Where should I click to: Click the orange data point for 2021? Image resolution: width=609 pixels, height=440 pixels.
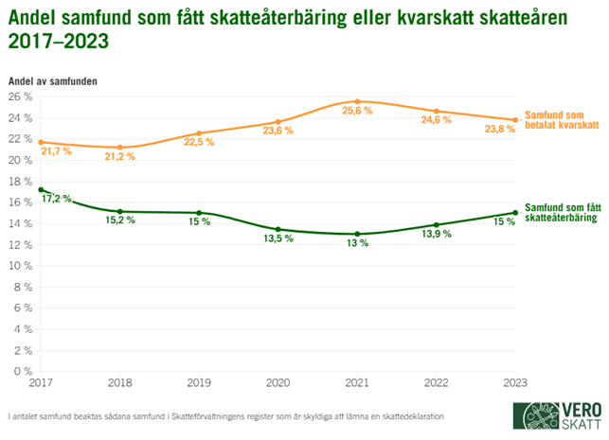tap(356, 101)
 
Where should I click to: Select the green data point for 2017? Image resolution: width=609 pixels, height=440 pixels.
tap(41, 189)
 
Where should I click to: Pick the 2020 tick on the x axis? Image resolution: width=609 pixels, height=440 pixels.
tap(277, 382)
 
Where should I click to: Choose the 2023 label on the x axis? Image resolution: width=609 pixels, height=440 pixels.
tap(513, 382)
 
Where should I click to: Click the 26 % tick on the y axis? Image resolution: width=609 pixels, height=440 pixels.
tap(21, 97)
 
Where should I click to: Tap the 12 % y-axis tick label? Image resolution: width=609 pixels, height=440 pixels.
tap(21, 244)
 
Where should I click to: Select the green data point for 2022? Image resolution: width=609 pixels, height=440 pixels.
tap(435, 225)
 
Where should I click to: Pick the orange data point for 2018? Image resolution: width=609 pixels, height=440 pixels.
tap(119, 147)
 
